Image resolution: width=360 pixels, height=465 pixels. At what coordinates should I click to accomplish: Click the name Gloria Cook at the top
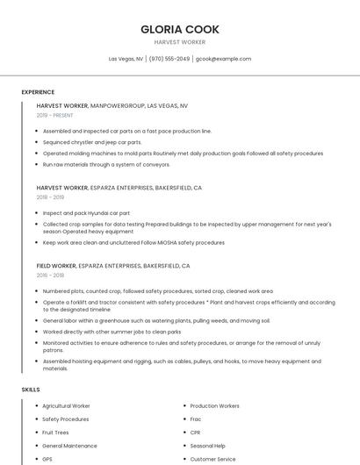[x=180, y=29]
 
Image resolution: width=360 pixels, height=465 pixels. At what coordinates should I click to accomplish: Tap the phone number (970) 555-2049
[x=169, y=59]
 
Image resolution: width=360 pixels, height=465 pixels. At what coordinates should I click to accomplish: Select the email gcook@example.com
[x=223, y=59]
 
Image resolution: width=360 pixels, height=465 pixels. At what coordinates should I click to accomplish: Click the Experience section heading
[x=38, y=92]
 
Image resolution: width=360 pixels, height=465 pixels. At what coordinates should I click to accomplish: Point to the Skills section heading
[x=31, y=389]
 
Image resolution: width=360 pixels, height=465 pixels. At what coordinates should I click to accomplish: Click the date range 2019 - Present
[x=55, y=115]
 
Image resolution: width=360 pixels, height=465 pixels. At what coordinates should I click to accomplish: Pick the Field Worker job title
[x=56, y=265]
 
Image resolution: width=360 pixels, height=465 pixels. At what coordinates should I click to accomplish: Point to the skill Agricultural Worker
[x=66, y=406]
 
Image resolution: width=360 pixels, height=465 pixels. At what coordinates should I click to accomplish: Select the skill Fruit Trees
[x=55, y=433]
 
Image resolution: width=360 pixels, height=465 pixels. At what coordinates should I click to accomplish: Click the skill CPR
[x=195, y=433]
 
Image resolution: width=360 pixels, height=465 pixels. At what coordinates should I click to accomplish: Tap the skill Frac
[x=196, y=419]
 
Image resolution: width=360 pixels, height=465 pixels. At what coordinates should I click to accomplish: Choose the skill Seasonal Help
[x=207, y=446]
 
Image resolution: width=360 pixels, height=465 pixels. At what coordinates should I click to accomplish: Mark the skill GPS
[x=47, y=459]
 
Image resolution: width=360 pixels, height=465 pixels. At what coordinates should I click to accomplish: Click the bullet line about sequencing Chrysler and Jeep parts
[x=92, y=142]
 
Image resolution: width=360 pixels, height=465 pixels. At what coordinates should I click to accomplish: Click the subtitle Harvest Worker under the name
[x=180, y=42]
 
